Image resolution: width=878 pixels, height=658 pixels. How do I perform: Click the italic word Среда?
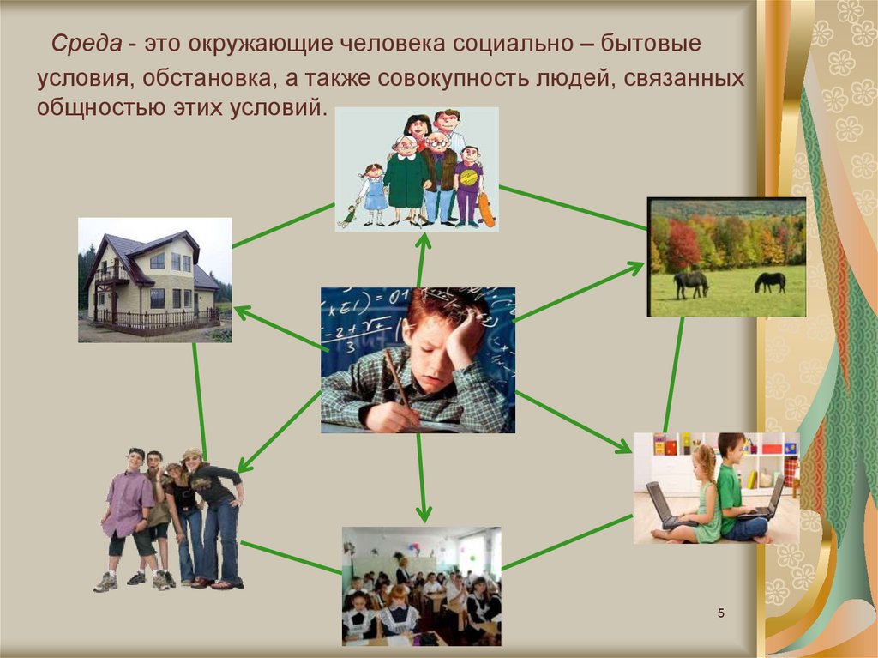(x=87, y=44)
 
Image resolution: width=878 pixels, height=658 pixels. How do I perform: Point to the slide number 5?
(x=720, y=613)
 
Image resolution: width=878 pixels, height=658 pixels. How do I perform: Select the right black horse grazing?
(x=770, y=282)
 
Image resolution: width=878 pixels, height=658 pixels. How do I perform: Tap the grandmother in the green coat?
(x=406, y=179)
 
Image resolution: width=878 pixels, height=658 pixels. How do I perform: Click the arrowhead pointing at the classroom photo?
(x=424, y=512)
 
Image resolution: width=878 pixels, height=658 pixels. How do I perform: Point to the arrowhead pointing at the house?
(x=242, y=311)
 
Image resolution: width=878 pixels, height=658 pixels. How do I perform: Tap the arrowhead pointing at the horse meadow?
(x=634, y=268)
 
